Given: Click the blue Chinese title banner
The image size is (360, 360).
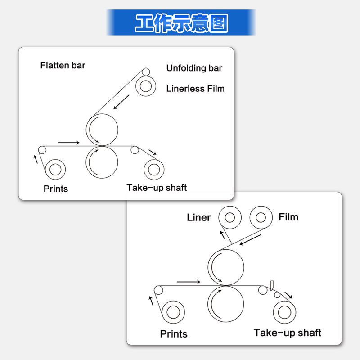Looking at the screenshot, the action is point(181,22).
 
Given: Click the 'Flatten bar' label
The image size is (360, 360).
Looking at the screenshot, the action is point(63,65).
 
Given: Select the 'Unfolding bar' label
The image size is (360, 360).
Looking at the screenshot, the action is point(194,68).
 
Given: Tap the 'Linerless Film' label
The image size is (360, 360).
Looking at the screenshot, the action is point(195,89).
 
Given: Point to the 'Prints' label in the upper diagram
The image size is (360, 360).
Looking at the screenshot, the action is point(56,189).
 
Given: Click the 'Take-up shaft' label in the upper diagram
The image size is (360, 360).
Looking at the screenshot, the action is point(157,188).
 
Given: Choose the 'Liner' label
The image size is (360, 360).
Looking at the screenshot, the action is point(199,217).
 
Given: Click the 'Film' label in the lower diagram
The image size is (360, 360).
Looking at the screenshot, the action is point(288,217).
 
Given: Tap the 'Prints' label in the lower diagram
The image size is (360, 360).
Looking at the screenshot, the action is point(174,334).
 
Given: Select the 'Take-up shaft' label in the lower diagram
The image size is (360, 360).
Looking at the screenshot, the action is point(288,333).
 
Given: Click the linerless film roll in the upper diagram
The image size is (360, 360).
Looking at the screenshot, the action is point(146,86).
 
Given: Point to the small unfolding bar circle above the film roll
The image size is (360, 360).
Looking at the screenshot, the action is point(146,72).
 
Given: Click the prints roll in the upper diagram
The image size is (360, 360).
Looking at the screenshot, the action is point(55,170).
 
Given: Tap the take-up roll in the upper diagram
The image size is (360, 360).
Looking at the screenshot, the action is point(154,170).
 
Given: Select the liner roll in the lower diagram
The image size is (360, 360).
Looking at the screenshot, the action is point(230,217).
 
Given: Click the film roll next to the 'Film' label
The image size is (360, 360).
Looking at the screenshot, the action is point(261,217).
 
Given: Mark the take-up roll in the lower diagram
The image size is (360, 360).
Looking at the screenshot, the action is point(284,312).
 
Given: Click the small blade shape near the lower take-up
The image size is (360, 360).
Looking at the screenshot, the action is point(272,286).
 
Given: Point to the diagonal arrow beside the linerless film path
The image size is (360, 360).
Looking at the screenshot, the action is point(121,102).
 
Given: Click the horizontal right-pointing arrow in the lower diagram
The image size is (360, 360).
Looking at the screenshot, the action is point(189,282).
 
